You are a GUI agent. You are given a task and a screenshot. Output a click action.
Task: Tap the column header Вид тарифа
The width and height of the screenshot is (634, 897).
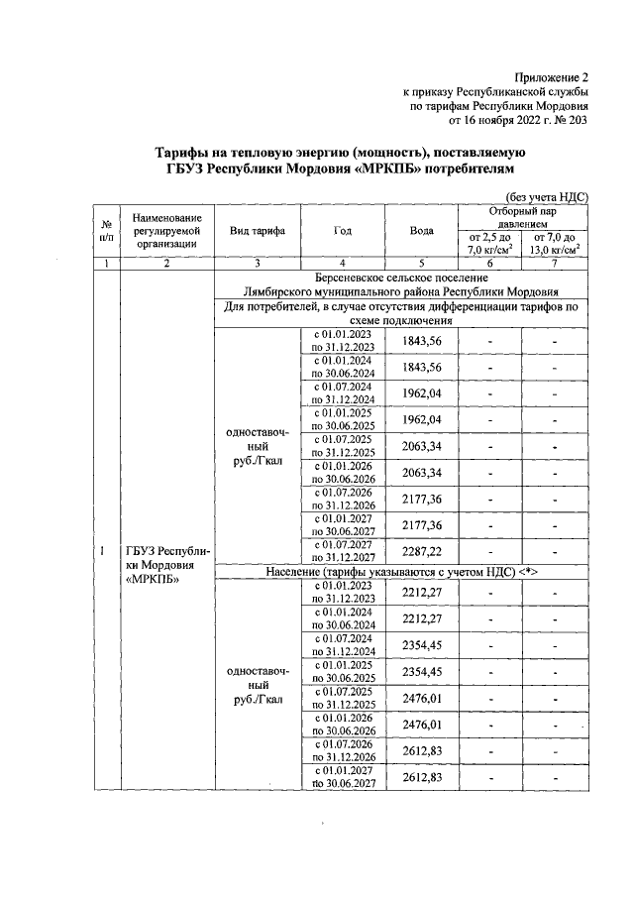click(x=258, y=230)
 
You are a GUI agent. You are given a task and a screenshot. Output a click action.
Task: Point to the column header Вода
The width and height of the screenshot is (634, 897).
click(x=422, y=230)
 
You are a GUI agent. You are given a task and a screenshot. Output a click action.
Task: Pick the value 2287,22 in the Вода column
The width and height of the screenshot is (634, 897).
click(x=422, y=550)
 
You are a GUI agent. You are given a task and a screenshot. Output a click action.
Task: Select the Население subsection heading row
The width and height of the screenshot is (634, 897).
click(x=401, y=573)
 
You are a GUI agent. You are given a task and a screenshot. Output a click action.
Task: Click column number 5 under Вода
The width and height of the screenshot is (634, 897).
click(x=422, y=264)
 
